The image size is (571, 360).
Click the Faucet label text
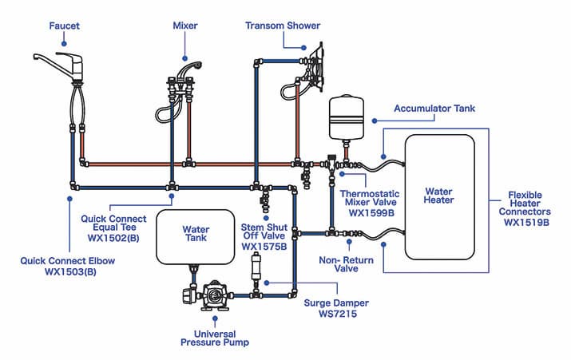(64, 26)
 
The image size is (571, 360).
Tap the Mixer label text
(185, 26)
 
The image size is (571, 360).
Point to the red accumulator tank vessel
(346, 117)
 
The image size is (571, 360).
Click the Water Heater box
(439, 196)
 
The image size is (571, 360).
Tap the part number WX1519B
(526, 223)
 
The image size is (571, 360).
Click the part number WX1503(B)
(69, 271)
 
